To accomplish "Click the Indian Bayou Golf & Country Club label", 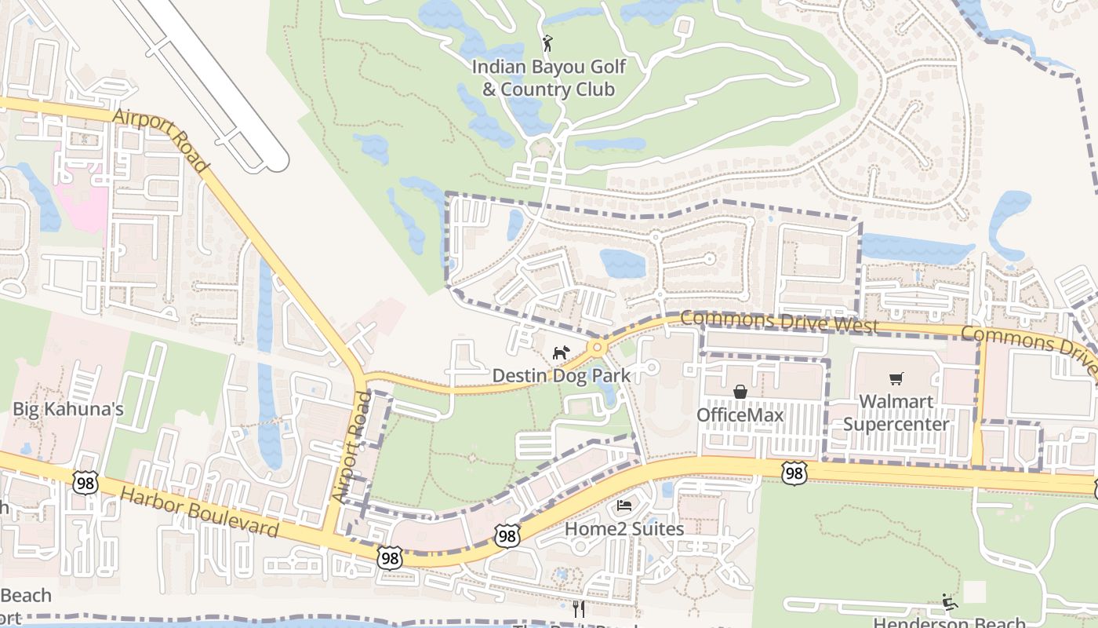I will click(548, 78).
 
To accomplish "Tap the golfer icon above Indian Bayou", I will click(547, 44).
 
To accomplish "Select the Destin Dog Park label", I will click(561, 376).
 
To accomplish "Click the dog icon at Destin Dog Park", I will click(560, 353).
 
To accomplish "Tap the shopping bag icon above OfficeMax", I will click(740, 391).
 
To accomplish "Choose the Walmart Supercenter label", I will click(896, 413).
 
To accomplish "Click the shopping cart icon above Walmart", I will click(896, 379).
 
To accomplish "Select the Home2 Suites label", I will click(624, 529).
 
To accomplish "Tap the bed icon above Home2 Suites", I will click(624, 505).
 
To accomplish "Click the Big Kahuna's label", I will click(68, 409).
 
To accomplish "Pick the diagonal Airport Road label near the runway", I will click(160, 141).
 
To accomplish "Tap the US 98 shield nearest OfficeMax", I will click(794, 472).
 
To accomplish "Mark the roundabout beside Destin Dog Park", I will click(598, 347).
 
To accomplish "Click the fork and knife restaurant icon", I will click(579, 608).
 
